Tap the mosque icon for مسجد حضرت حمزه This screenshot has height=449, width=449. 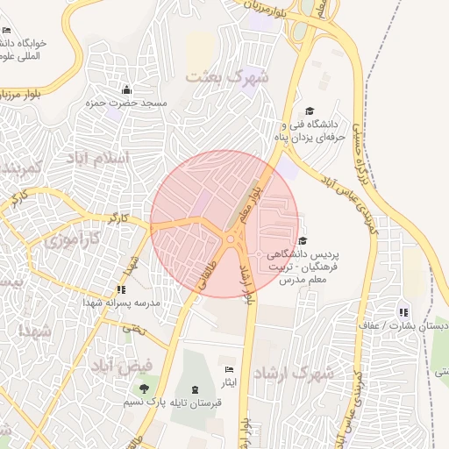point(126,89)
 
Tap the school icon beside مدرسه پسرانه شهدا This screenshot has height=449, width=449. point(120,289)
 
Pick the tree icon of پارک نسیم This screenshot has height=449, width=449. point(144,388)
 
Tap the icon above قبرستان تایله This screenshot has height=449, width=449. point(194,388)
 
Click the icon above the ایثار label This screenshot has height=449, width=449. point(229,369)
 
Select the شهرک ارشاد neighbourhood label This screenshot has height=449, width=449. point(295,373)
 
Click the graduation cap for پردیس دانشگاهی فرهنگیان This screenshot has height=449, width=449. point(303,240)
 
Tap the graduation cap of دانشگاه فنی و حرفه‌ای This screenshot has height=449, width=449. point(309,110)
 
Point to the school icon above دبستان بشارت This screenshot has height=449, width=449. point(403,311)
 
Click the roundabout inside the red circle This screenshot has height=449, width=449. point(231,239)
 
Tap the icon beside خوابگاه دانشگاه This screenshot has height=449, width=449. point(7,31)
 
